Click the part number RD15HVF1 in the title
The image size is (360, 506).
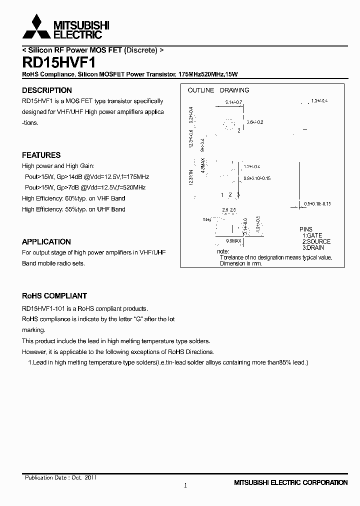tap(55, 62)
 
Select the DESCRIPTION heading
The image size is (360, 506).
tap(47, 90)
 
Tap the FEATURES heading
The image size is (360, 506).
tap(41, 155)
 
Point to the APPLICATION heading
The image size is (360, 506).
tap(46, 241)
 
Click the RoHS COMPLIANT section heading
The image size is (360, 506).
tap(54, 295)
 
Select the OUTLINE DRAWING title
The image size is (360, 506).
tap(218, 90)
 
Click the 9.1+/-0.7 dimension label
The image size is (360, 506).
tap(233, 102)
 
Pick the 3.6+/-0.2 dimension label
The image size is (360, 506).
tap(254, 122)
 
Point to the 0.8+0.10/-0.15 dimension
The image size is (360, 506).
tap(257, 178)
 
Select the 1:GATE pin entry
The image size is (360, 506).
tap(312, 235)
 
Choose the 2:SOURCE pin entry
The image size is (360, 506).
tap(316, 241)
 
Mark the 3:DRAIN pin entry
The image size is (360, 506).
tap(313, 247)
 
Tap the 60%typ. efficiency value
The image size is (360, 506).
tap(75, 198)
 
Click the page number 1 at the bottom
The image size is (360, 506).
tap(185, 485)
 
